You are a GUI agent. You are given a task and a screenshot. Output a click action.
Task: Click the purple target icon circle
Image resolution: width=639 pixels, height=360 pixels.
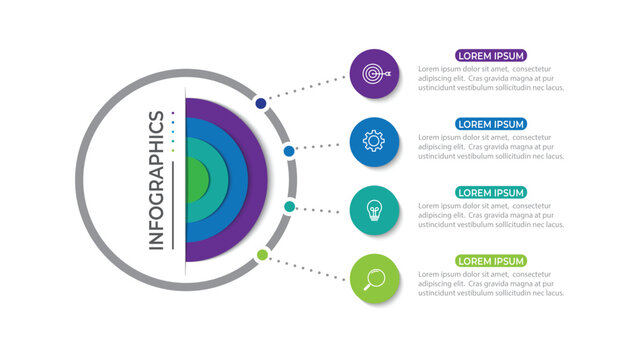(375, 73)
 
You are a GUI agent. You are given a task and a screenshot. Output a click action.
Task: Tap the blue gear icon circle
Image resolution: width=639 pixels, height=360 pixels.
(375, 141)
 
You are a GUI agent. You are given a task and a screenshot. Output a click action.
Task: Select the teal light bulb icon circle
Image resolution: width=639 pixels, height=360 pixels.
(375, 210)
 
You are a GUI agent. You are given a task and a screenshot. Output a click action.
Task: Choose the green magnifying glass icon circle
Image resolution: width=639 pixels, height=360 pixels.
(375, 278)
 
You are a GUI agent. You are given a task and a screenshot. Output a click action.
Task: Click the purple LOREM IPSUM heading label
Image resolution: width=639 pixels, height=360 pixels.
(491, 56)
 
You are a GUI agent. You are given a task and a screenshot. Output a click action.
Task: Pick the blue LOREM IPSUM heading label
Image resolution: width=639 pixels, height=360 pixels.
(491, 124)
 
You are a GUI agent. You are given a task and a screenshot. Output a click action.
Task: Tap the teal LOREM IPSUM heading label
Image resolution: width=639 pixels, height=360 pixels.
(491, 192)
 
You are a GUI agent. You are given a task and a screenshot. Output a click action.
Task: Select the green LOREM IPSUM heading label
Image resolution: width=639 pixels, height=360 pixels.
(491, 261)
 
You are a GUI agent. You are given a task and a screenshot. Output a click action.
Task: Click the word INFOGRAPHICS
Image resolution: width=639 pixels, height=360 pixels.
(157, 180)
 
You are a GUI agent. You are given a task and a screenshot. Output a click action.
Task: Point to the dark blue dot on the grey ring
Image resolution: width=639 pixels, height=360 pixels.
(261, 103)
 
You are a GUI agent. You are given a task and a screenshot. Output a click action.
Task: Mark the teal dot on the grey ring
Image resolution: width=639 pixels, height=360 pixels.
(289, 207)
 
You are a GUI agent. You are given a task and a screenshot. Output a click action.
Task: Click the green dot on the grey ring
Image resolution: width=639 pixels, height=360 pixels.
(262, 255)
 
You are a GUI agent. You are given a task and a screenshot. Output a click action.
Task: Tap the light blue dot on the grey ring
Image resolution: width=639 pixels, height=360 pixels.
(289, 151)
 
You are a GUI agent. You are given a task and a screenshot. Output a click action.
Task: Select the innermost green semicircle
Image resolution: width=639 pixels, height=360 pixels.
(195, 180)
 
